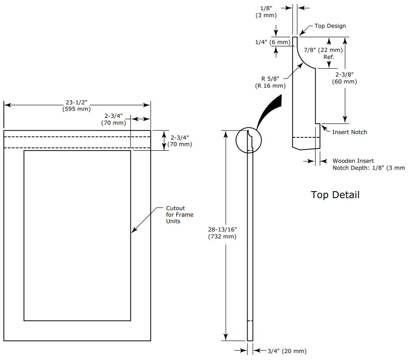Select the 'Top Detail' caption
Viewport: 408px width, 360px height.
[335, 195]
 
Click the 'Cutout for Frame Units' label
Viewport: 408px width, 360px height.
[179, 215]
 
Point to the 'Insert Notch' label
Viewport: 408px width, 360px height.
[349, 132]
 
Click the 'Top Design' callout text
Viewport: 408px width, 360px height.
[330, 26]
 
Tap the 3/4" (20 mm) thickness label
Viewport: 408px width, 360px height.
[287, 351]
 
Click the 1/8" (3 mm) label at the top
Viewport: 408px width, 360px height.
[266, 12]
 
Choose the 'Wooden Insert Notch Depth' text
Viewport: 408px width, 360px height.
[368, 164]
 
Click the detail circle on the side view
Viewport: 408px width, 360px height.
[249, 140]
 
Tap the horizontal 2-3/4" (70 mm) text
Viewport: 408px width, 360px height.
[114, 119]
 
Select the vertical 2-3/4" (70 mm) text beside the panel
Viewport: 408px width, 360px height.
[181, 141]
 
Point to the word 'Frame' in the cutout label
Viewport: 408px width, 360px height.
[185, 215]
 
